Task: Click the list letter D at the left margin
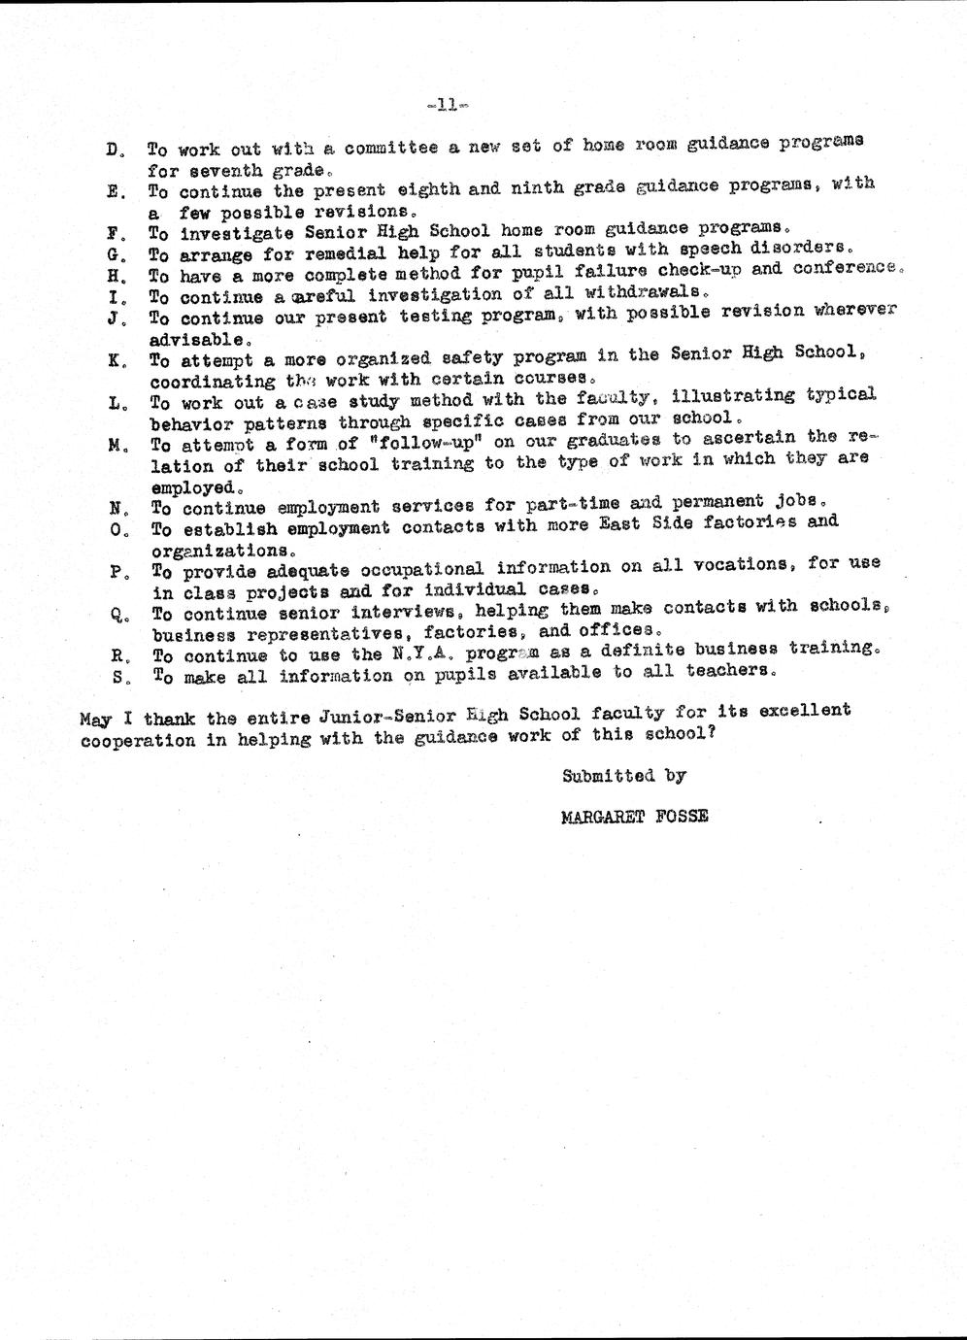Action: [113, 151]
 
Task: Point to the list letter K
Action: [115, 360]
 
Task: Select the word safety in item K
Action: [448, 357]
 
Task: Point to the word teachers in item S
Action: [729, 669]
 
